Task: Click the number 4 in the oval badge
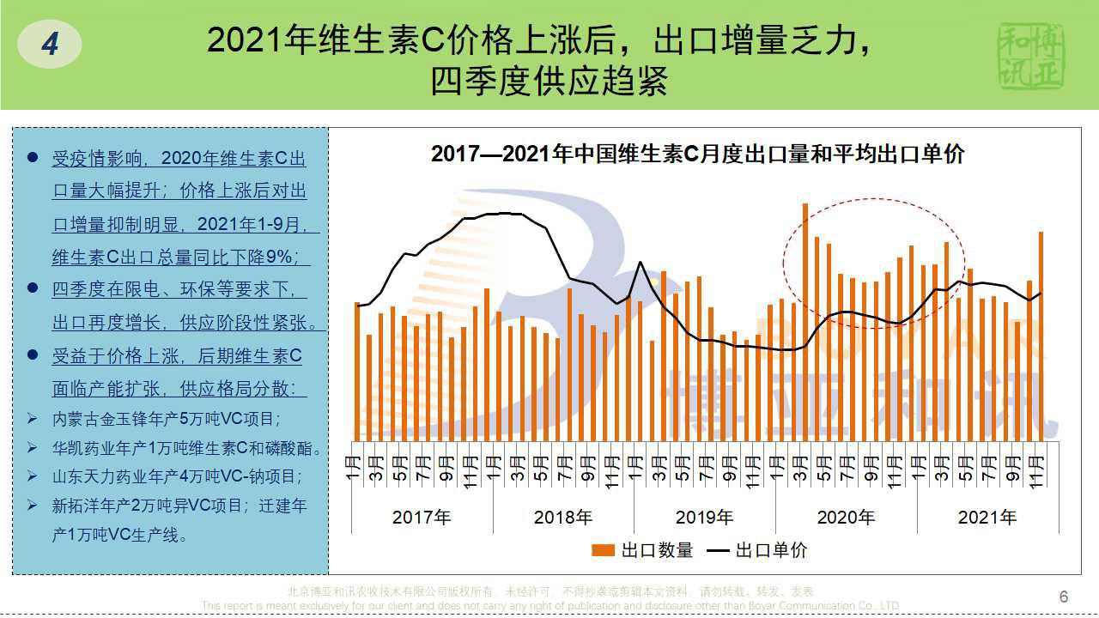point(50,44)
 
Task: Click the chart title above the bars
point(697,154)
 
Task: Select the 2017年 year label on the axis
point(421,518)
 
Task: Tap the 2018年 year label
point(563,518)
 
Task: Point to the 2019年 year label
point(704,518)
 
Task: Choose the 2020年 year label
point(846,518)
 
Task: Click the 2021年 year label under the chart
point(987,518)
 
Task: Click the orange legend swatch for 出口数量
point(604,550)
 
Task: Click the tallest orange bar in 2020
point(805,318)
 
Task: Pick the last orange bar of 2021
point(1041,335)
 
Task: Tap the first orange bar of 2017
point(357,369)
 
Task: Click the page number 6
point(1064,597)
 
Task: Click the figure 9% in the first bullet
point(289,257)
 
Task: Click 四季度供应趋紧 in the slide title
point(549,82)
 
